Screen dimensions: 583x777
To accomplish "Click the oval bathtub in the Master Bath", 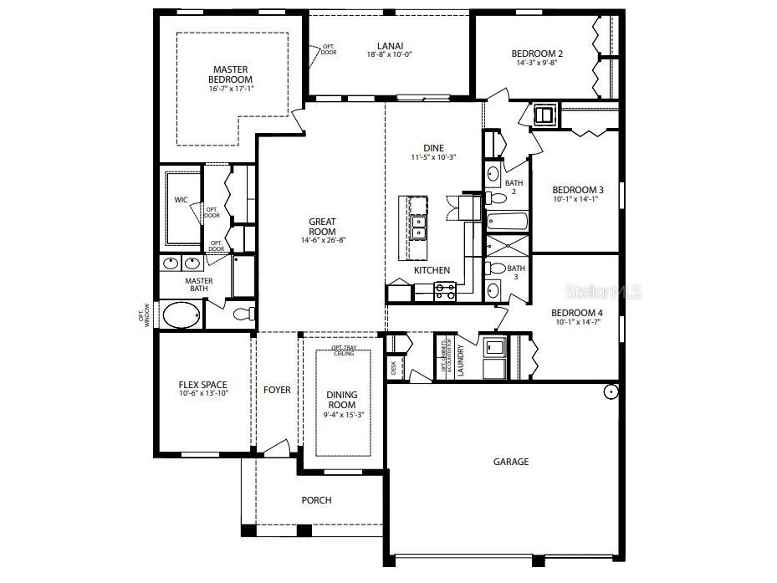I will coord(181,315).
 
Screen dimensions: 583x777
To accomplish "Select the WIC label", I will coord(181,201).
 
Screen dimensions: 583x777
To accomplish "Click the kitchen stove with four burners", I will coord(444,291).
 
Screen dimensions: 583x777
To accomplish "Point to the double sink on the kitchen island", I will coord(417,227).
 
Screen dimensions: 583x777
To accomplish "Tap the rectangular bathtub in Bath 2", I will coord(507,222).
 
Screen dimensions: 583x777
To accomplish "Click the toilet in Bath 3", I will coord(496,268).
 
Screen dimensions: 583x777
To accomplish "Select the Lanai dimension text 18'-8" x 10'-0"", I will coord(390,54).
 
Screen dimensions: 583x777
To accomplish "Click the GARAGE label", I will coord(510,462).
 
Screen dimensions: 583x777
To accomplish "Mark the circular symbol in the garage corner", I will coord(611,391).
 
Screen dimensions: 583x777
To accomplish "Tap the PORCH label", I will coord(316,500).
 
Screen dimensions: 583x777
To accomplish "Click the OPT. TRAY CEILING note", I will coord(342,350).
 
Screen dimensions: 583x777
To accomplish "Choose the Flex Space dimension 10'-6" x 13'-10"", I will coord(203,393).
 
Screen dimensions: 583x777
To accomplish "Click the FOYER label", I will coord(277,390).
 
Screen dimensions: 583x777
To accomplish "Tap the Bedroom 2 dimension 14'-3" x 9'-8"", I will coord(537,63).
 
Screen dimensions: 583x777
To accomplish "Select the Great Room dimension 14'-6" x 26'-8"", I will coord(322,240).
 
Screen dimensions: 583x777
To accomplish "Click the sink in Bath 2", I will coord(493,175).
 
